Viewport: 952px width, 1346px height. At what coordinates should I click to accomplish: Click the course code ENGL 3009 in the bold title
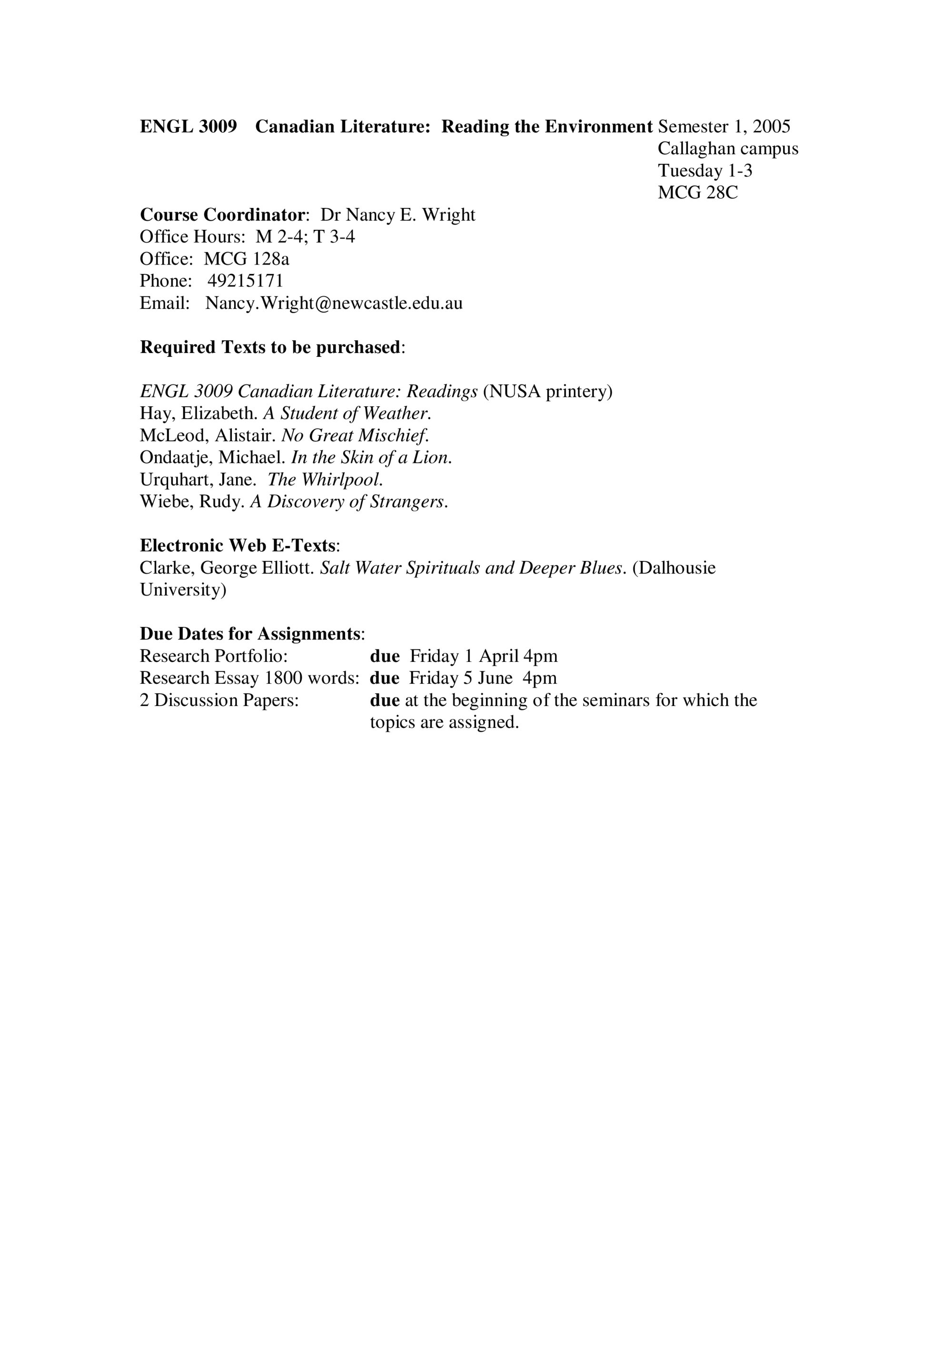coord(188,127)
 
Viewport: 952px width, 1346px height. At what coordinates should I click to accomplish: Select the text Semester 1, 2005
coord(724,127)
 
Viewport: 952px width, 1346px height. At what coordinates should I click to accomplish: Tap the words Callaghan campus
coord(727,148)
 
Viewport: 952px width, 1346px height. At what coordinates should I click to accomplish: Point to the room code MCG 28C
coord(697,192)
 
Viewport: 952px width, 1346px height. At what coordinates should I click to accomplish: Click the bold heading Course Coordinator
coord(222,215)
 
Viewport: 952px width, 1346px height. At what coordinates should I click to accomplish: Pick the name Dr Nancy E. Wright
coord(397,215)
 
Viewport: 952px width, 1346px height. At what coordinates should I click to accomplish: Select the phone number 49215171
coord(245,281)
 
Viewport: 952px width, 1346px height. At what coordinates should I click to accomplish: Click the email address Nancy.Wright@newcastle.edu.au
coord(334,303)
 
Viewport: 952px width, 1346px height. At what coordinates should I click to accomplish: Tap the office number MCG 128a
coord(247,258)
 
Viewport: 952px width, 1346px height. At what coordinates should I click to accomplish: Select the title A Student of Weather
coord(347,413)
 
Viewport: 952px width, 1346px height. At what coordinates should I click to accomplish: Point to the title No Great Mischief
coord(355,435)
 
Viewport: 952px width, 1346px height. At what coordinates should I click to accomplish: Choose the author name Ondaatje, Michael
coord(212,457)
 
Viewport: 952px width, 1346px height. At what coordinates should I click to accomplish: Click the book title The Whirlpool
coord(325,480)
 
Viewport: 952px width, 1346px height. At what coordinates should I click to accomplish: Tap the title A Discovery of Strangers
coord(349,502)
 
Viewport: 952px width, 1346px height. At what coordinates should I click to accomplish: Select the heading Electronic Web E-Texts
coord(238,546)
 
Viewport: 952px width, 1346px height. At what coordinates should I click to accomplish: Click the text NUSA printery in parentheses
coord(547,391)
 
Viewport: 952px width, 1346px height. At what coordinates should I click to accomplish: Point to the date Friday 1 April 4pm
coord(483,656)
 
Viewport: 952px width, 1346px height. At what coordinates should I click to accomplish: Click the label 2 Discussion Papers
coord(219,700)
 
